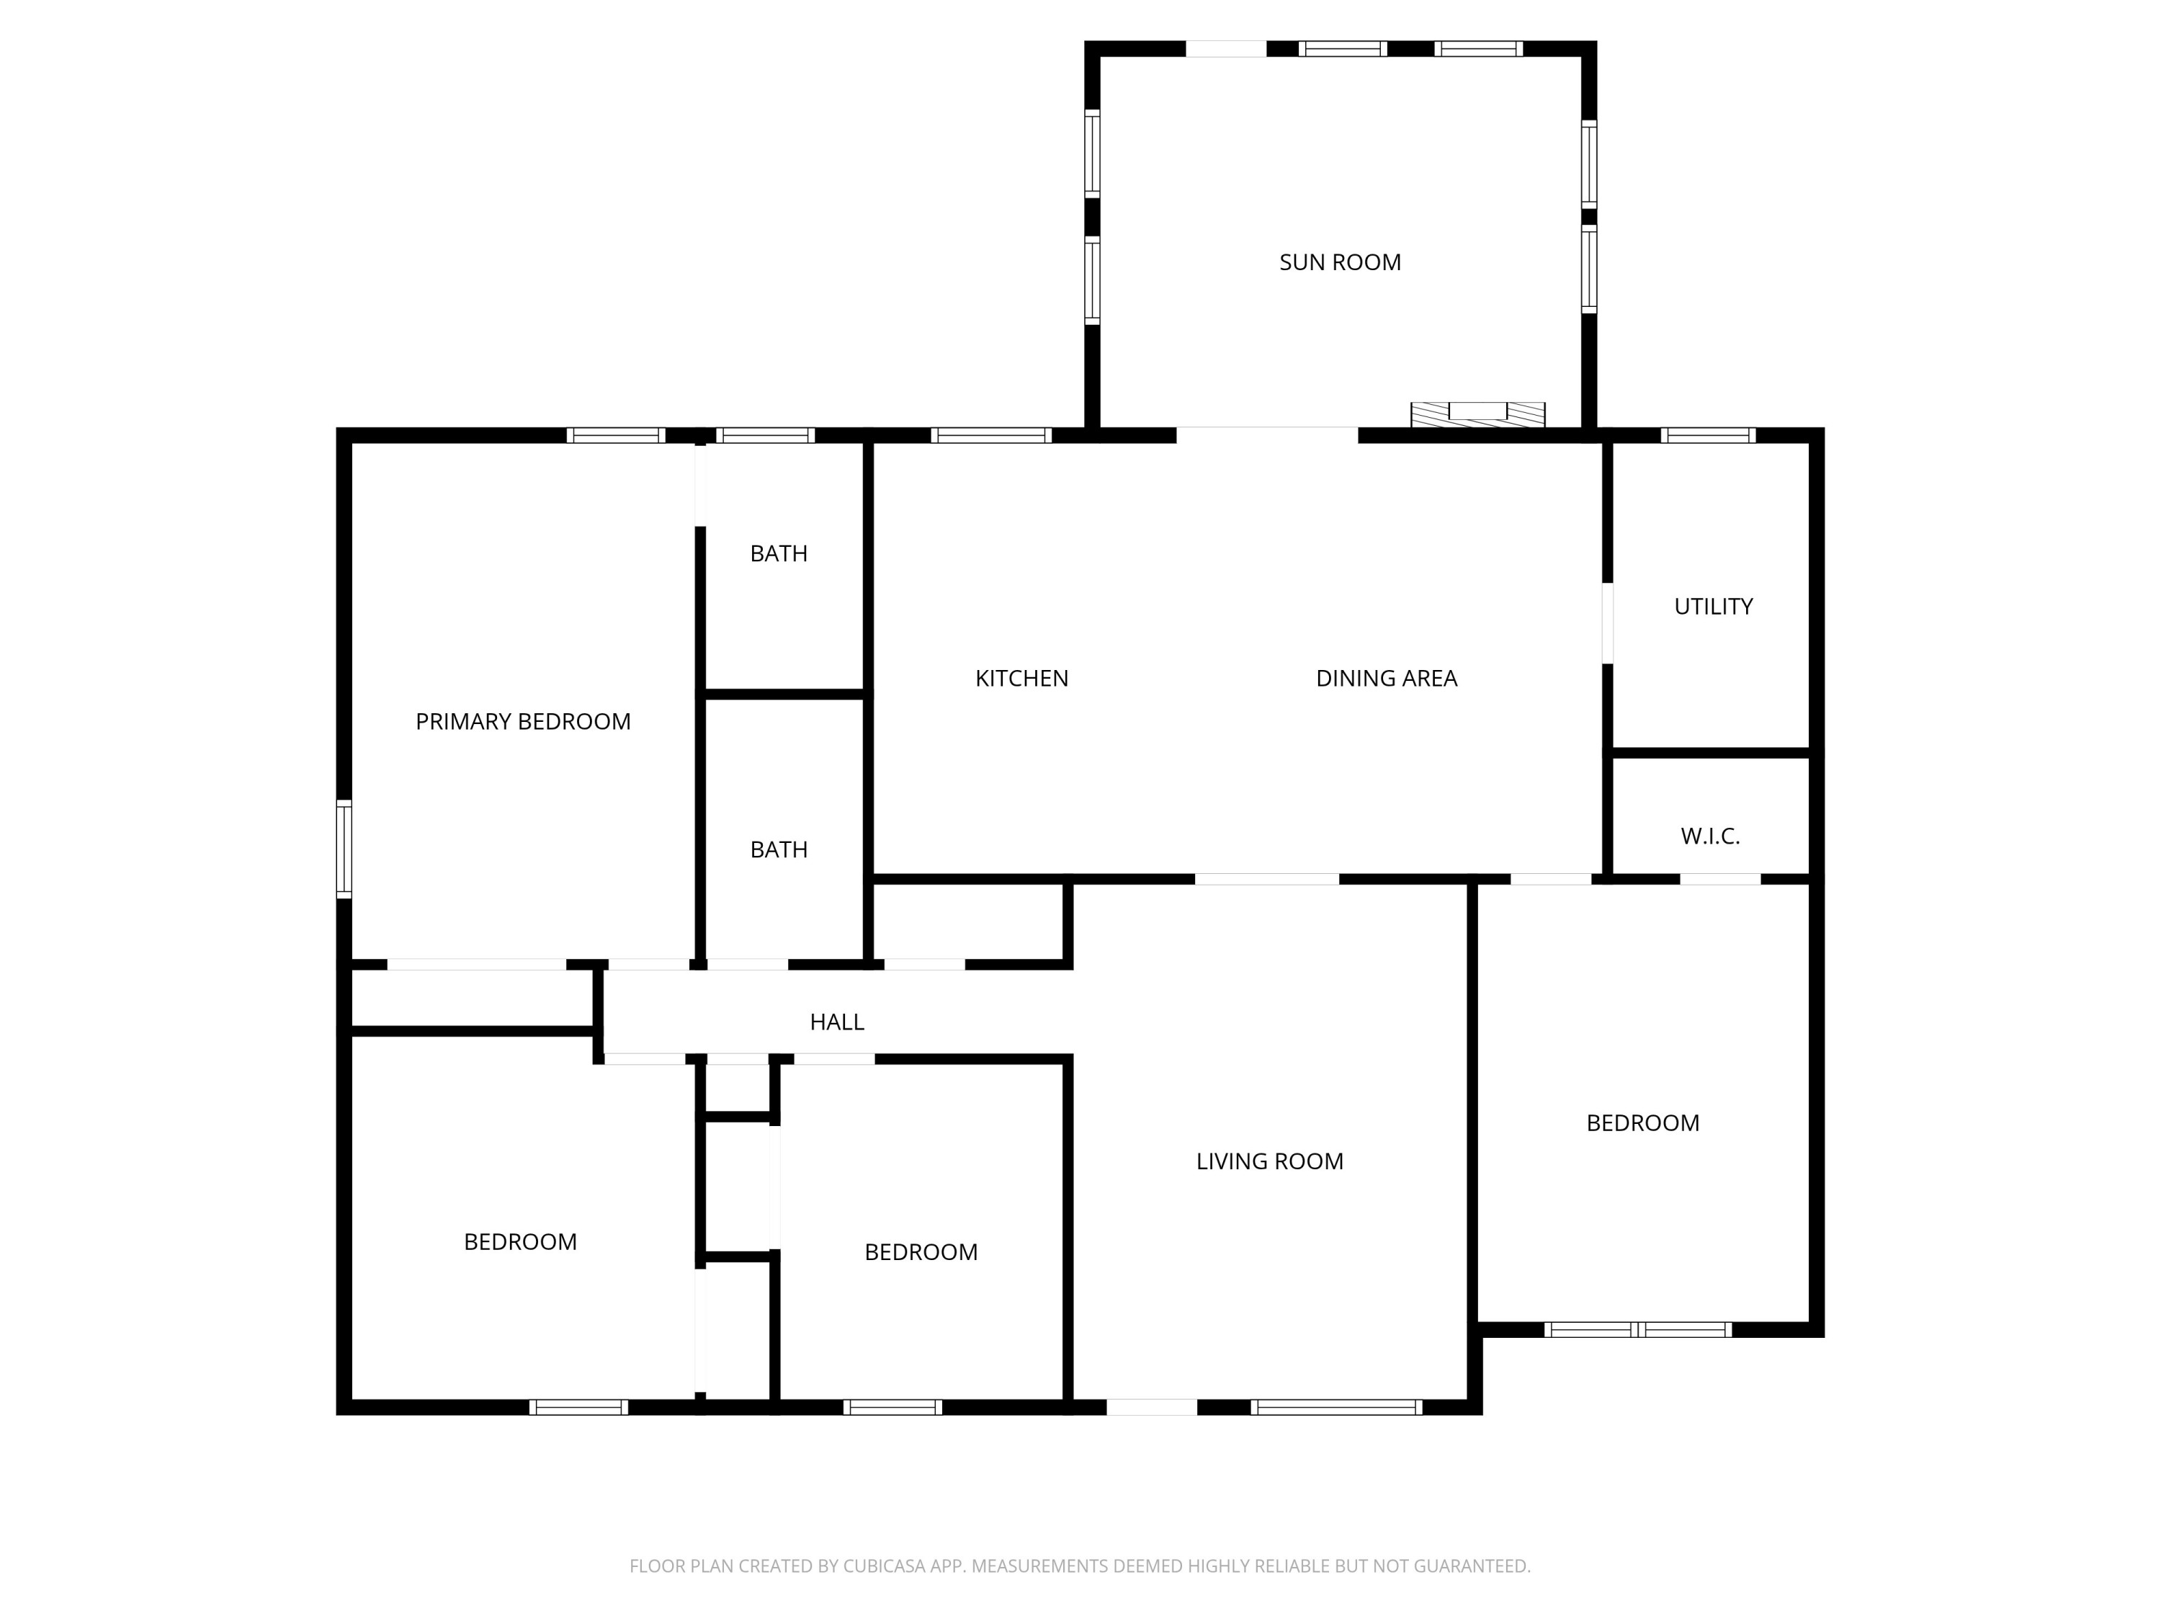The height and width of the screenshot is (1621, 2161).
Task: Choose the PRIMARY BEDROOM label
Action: click(523, 721)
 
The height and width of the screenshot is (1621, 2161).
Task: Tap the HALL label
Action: click(836, 1021)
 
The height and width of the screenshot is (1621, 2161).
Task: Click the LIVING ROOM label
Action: click(1269, 1161)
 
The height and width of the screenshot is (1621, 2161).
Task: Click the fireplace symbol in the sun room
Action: click(1477, 414)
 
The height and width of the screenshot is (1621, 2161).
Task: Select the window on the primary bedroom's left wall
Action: click(344, 848)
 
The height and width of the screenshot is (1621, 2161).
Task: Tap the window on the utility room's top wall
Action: click(1708, 436)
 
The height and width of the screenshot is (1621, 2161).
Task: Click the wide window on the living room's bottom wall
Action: click(1335, 1407)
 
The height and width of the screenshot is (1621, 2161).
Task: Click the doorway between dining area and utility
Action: click(1607, 622)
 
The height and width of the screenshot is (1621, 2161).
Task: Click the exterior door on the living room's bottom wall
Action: click(1151, 1407)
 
